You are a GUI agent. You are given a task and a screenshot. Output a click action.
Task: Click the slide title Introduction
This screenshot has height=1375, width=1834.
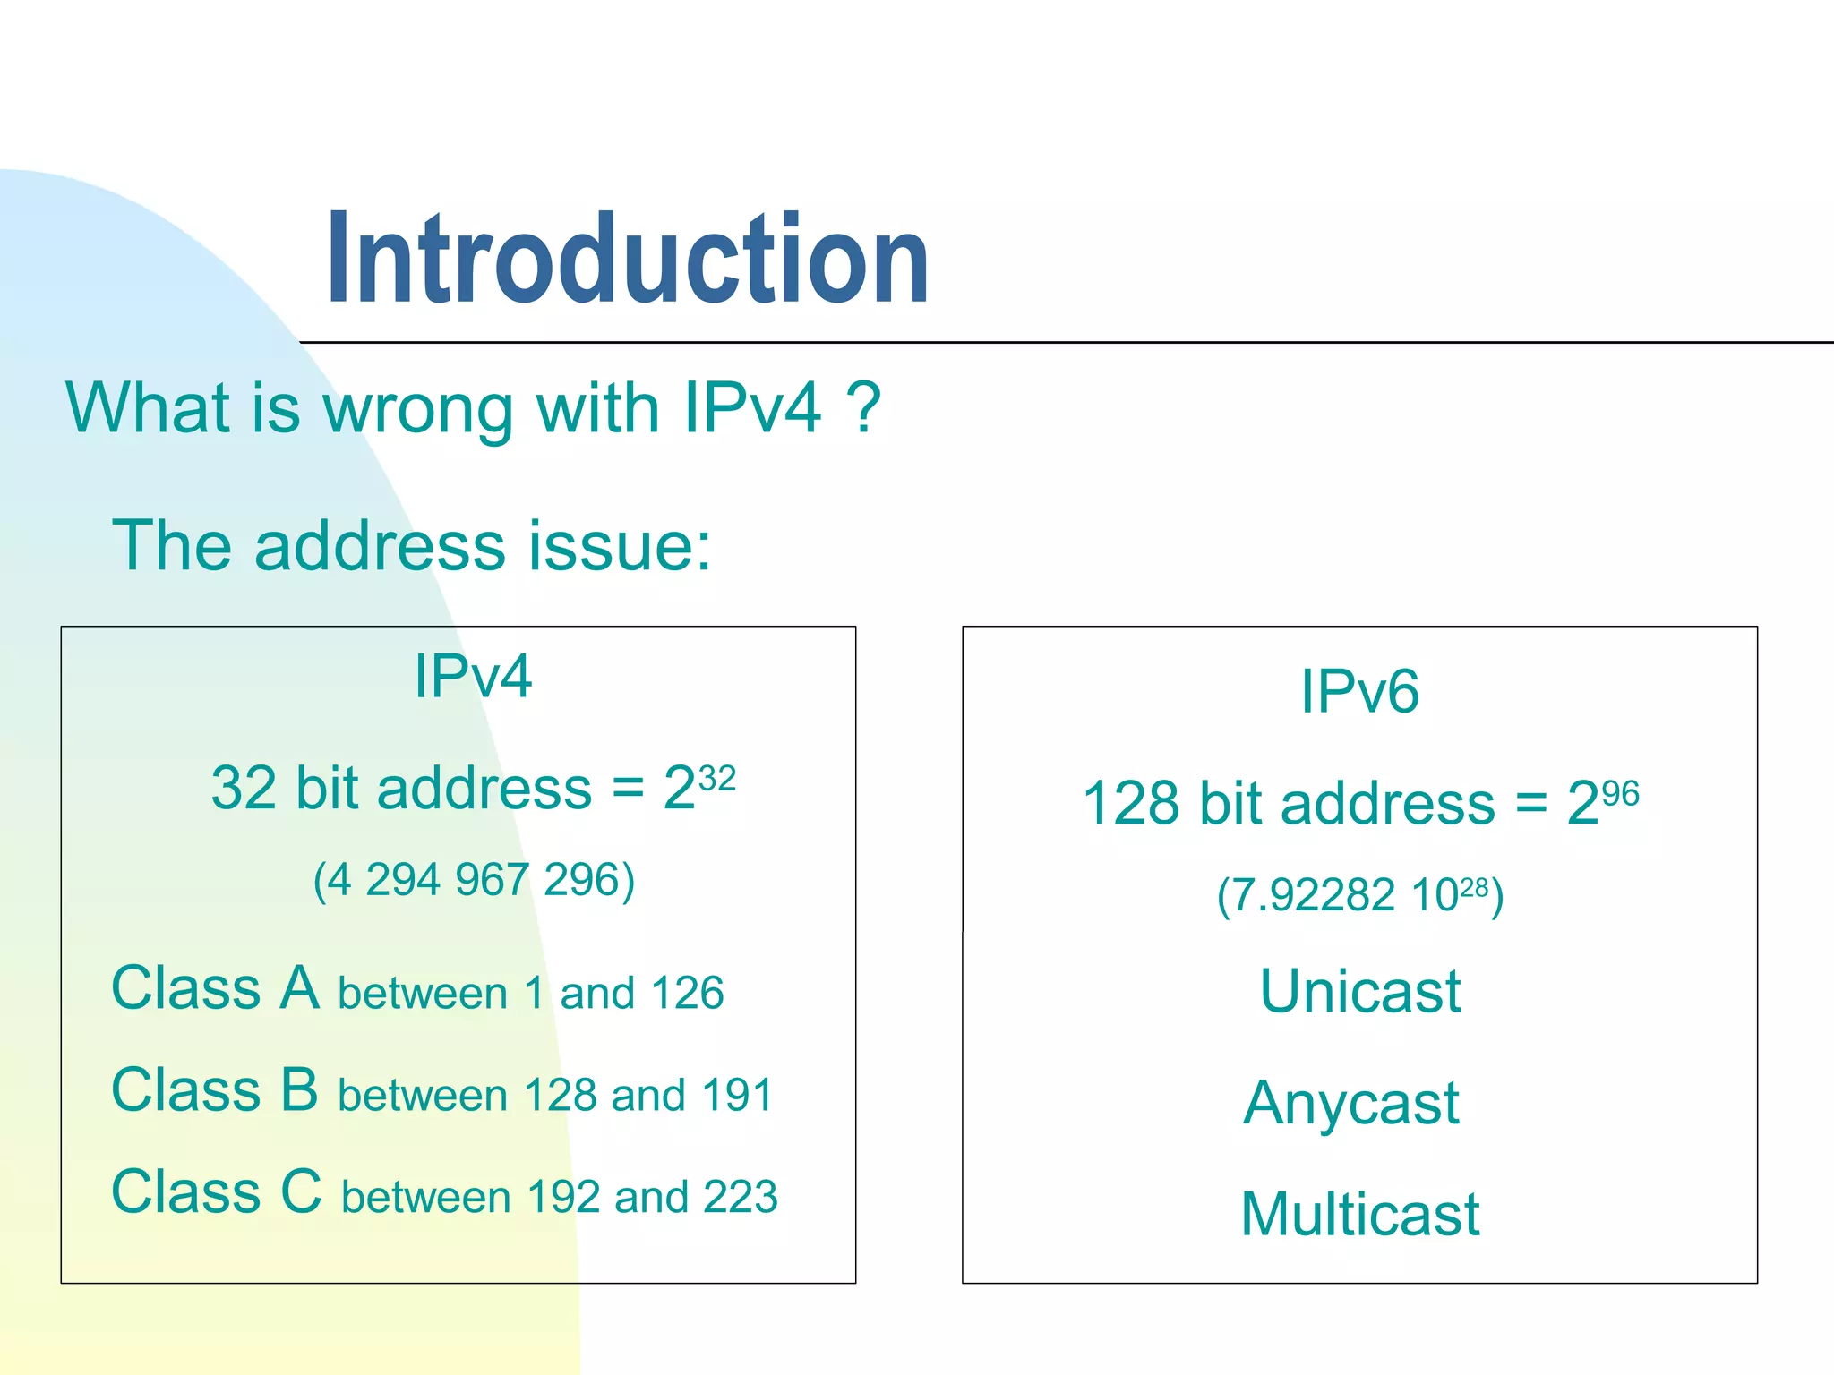(627, 260)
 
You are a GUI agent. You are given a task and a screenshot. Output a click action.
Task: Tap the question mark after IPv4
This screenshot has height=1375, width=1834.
(864, 408)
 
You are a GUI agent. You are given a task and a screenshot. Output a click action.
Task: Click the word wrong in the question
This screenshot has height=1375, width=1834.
(418, 410)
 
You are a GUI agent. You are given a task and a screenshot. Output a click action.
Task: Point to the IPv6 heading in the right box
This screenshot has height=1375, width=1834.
(1359, 691)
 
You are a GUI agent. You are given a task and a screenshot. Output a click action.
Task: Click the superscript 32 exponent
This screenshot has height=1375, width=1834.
(716, 778)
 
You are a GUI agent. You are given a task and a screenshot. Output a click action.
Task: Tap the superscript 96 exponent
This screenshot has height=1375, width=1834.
(1620, 793)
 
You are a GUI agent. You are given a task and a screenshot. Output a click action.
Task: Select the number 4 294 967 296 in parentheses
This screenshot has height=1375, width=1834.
(474, 879)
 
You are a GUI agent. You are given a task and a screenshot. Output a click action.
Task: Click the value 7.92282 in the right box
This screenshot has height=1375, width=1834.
(1306, 894)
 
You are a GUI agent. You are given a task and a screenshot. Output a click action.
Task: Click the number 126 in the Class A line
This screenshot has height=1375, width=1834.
(687, 993)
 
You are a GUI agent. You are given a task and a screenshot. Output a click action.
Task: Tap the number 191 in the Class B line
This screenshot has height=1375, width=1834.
(736, 1095)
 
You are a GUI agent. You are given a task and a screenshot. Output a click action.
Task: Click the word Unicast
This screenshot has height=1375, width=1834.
(1359, 991)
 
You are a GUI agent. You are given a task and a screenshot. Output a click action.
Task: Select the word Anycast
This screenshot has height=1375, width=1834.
(1351, 1103)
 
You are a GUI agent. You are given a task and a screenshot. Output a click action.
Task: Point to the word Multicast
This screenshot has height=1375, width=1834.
(1359, 1215)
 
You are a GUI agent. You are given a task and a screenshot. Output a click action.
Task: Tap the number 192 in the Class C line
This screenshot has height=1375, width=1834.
(563, 1197)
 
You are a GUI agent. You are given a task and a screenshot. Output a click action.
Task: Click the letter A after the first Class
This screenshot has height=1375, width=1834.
(299, 987)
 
